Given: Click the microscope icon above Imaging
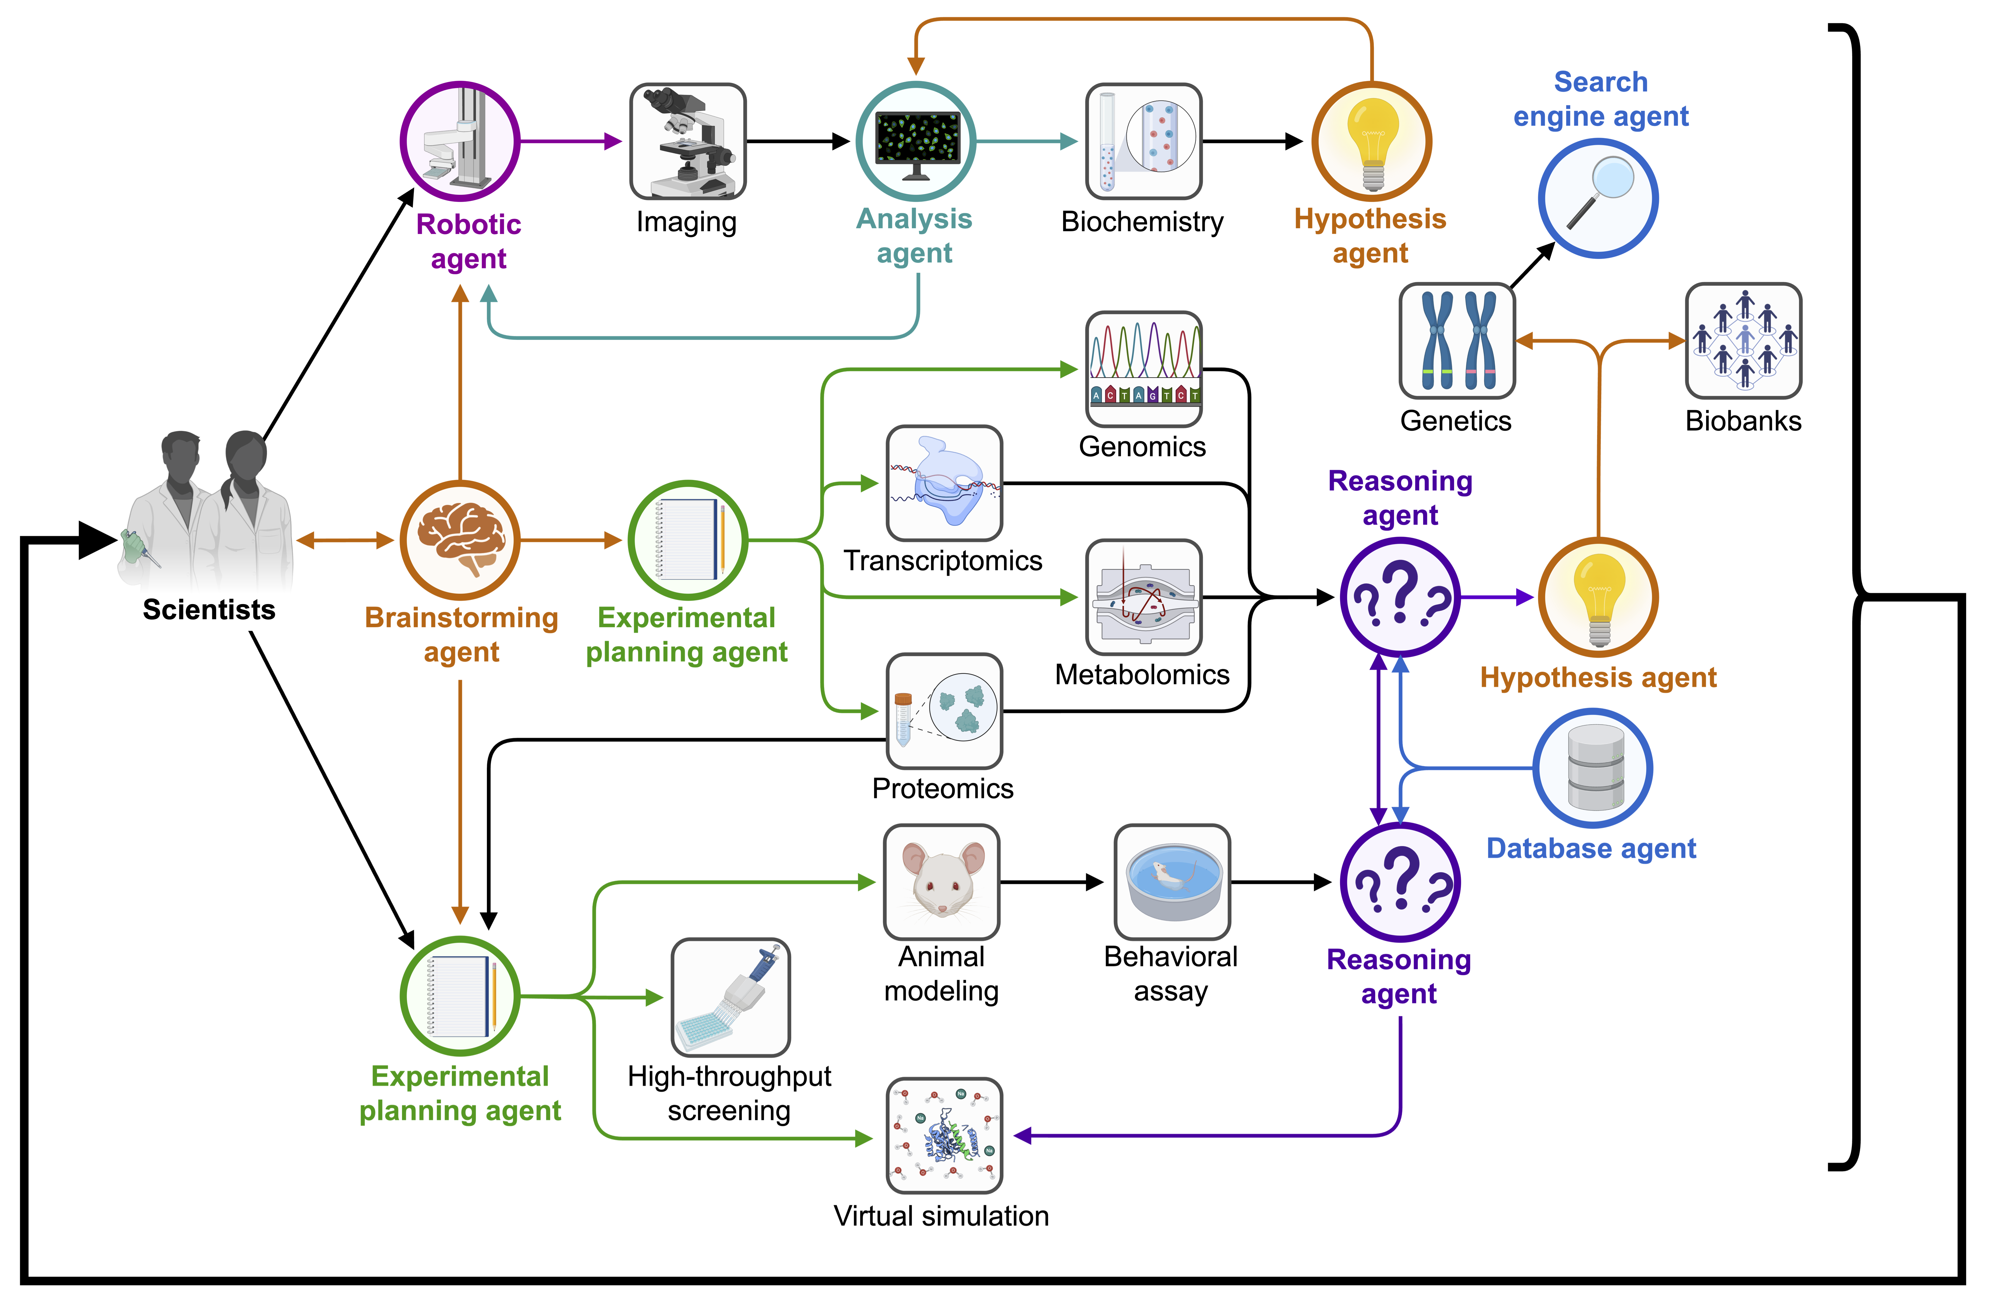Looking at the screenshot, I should tap(688, 141).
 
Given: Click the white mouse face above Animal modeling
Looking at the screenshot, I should tap(942, 882).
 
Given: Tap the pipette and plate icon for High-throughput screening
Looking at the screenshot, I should tap(730, 997).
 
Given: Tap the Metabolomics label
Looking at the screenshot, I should tap(1141, 674).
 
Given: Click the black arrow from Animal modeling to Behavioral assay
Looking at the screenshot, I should tap(1051, 882).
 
